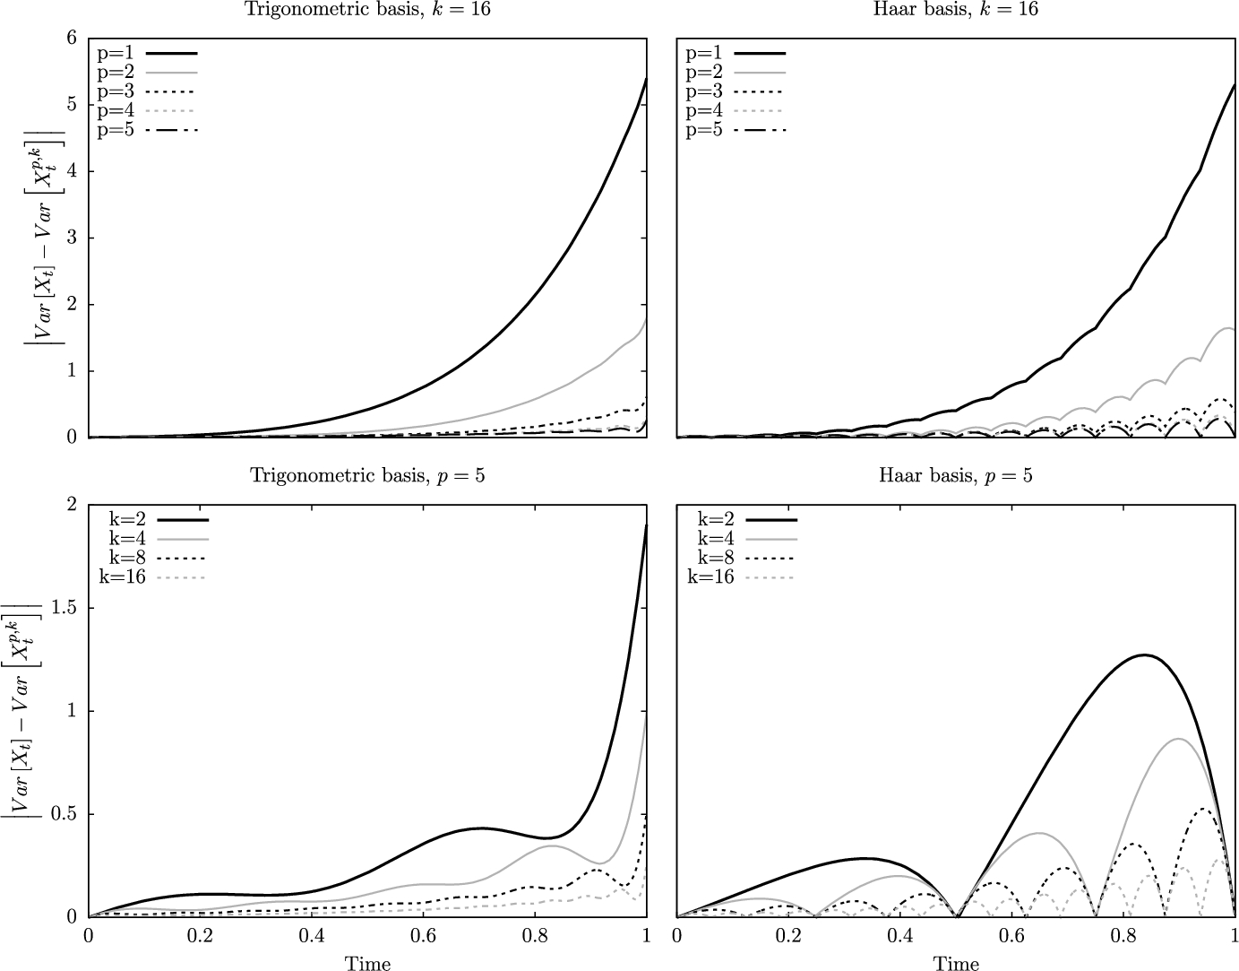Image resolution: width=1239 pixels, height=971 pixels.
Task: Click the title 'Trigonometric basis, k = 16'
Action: (x=367, y=10)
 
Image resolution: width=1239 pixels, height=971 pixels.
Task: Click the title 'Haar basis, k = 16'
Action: (x=956, y=10)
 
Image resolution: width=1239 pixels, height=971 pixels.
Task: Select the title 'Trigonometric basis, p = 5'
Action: (x=367, y=475)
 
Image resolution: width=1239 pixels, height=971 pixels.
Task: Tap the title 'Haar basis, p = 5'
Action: (x=956, y=475)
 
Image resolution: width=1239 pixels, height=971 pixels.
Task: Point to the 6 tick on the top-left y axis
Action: (x=70, y=39)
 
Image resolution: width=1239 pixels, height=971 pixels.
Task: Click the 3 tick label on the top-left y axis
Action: (x=70, y=238)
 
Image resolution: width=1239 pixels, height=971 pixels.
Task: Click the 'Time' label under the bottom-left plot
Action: (x=367, y=963)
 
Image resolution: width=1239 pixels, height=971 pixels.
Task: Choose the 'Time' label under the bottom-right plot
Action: (x=956, y=963)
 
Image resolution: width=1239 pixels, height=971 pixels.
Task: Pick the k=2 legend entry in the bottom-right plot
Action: (x=741, y=518)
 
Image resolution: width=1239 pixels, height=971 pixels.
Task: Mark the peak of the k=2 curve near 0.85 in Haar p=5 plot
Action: (x=1144, y=655)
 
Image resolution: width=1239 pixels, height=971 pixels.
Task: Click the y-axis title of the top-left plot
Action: (x=41, y=238)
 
